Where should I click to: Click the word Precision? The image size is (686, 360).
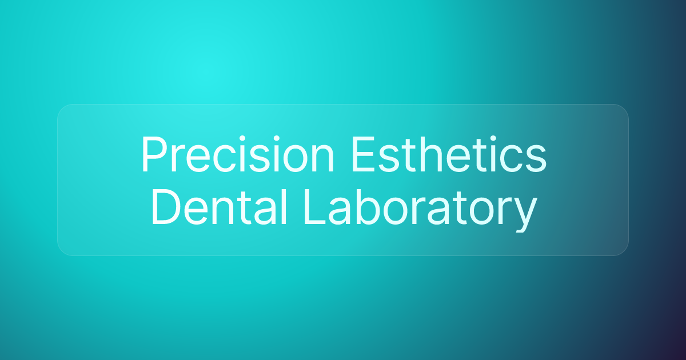click(237, 155)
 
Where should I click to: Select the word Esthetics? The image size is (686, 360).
click(449, 155)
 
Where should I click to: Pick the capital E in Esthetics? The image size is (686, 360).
click(361, 155)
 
